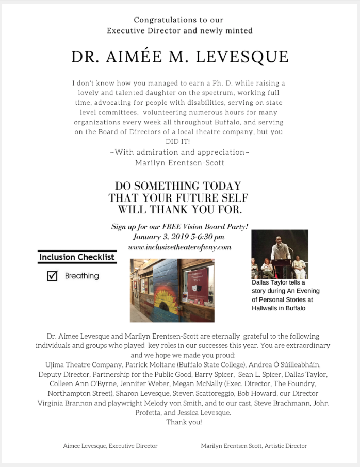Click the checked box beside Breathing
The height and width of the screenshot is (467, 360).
point(52,276)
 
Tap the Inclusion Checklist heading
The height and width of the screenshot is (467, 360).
point(77,257)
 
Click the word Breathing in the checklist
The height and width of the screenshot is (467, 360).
point(82,276)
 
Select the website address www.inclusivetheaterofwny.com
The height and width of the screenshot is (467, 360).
point(179,247)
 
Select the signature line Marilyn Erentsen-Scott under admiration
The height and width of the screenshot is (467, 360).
point(179,163)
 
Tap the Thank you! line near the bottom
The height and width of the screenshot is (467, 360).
point(184,422)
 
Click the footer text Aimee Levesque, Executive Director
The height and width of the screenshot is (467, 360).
point(110,446)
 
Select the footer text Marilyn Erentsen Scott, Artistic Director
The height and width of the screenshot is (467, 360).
point(254,446)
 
